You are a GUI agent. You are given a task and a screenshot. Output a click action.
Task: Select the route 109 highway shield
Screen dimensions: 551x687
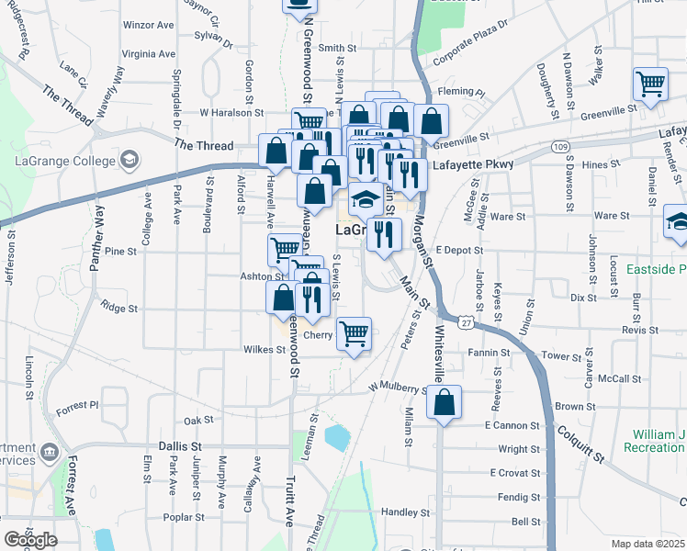coord(559,147)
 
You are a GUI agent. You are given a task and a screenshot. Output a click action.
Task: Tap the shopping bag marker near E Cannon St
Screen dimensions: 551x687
coord(444,403)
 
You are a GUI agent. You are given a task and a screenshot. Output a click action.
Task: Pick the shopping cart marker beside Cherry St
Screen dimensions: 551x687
coord(354,333)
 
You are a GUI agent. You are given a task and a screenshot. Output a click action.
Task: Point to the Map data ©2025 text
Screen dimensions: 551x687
coord(648,544)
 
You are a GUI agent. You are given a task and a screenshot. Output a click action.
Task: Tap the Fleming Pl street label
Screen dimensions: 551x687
coord(462,92)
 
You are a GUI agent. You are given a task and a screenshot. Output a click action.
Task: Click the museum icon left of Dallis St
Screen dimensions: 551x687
coord(50,452)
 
